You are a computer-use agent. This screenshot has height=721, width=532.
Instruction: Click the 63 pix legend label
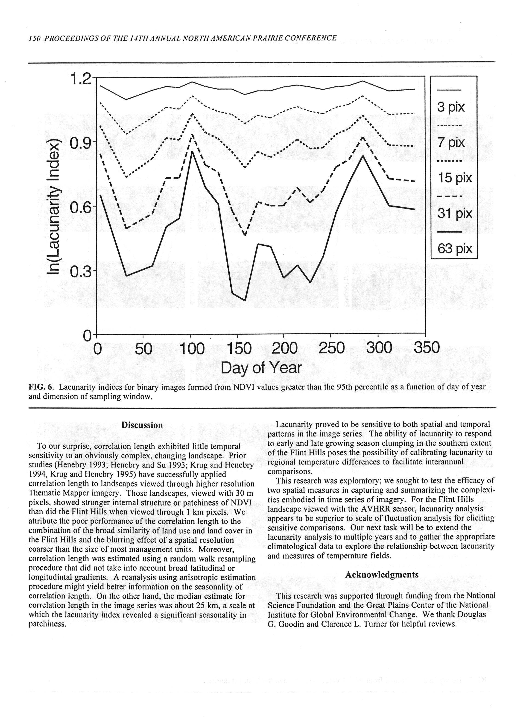(455, 248)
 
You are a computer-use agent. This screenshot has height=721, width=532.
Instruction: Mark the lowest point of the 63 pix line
(245, 300)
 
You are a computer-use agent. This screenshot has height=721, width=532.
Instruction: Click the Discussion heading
(142, 425)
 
